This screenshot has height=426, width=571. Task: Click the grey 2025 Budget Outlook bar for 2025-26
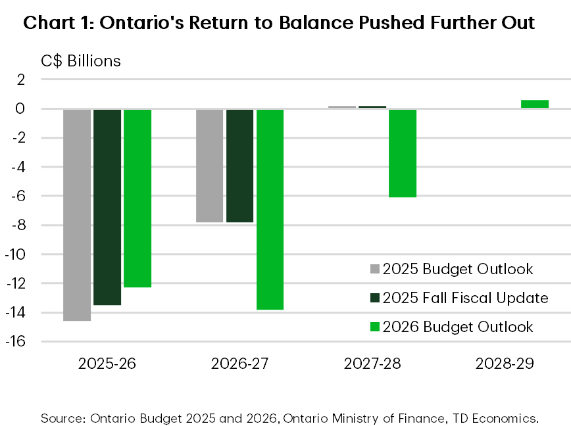(x=77, y=214)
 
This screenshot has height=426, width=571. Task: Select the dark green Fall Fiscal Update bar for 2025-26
(x=107, y=206)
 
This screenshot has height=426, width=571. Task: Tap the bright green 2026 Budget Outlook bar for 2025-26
(x=137, y=198)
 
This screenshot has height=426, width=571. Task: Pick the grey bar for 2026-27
(x=210, y=166)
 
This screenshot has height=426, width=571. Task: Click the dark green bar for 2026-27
(x=240, y=166)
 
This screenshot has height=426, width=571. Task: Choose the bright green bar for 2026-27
(x=270, y=209)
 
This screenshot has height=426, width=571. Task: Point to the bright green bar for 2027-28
(x=403, y=153)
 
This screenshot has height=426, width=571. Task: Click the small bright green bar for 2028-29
(x=535, y=104)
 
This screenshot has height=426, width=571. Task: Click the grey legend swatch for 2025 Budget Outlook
(x=375, y=269)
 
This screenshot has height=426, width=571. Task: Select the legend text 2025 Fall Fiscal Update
(x=465, y=298)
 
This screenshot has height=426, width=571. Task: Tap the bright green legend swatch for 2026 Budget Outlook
(x=375, y=327)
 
